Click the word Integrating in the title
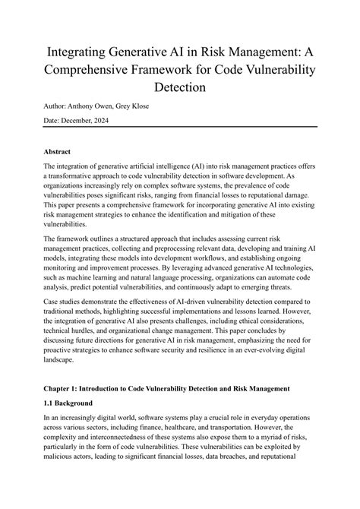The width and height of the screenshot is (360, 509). (79, 53)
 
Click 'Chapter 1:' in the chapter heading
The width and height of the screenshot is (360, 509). (64, 409)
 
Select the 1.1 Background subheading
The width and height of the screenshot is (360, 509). (68, 423)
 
